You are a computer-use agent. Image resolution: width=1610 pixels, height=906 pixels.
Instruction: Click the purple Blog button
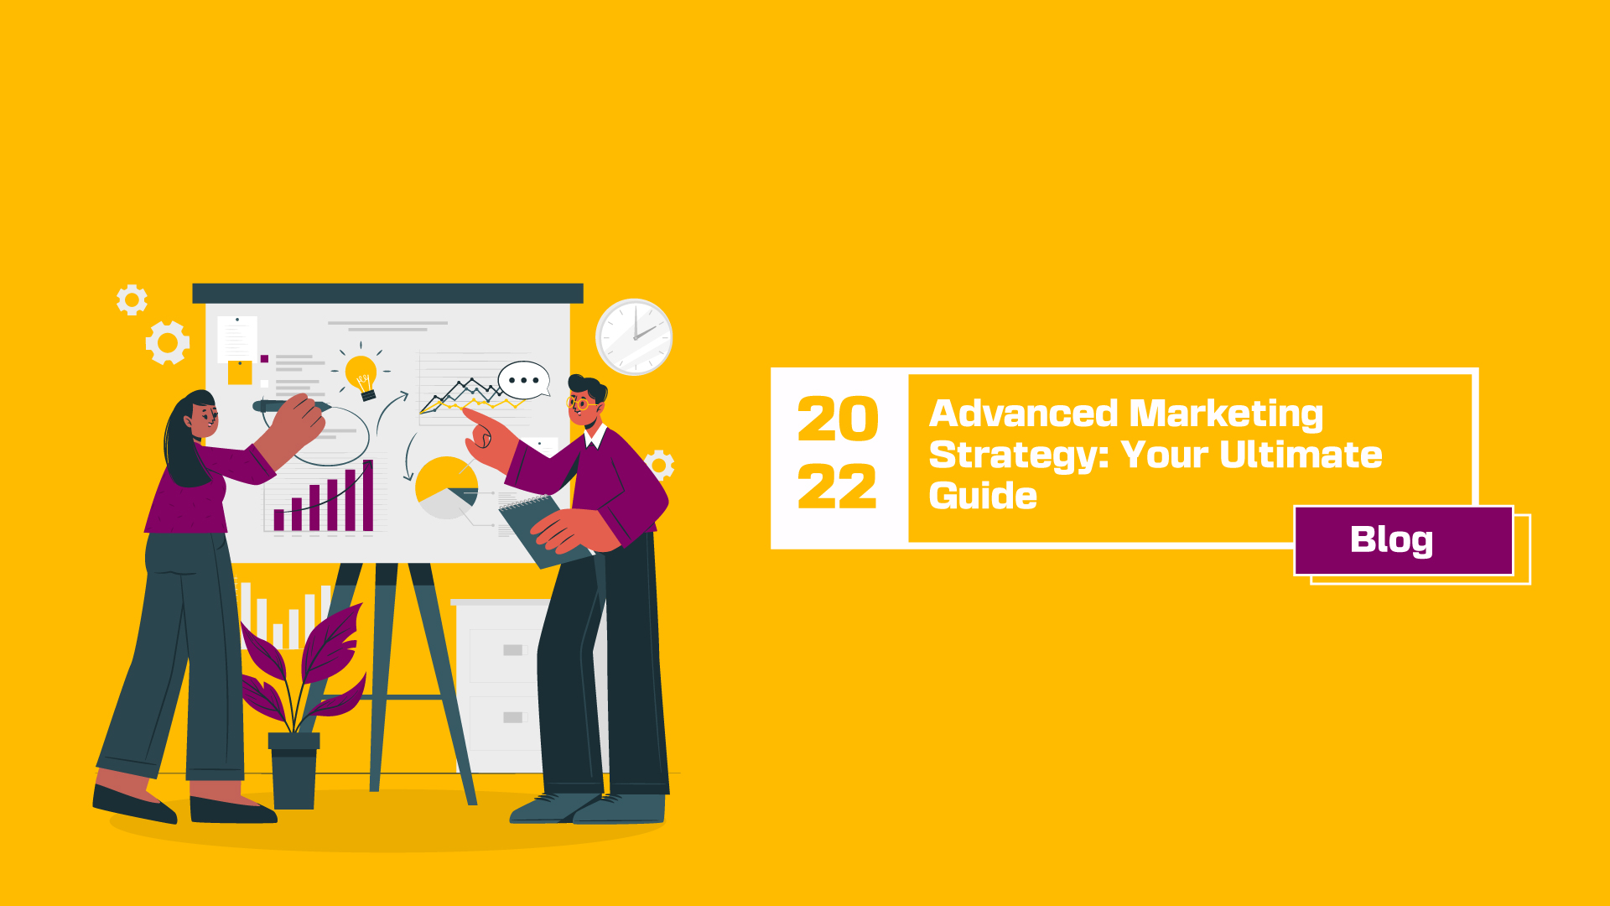point(1403,540)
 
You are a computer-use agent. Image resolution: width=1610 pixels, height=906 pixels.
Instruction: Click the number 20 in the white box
point(838,419)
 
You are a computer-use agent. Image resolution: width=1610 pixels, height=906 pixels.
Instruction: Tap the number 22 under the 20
point(838,487)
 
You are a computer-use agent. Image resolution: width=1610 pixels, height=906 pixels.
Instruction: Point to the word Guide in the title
point(983,495)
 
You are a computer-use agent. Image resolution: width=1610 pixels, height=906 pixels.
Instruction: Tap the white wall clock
point(634,336)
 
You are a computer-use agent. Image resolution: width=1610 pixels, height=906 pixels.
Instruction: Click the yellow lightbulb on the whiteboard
point(362,377)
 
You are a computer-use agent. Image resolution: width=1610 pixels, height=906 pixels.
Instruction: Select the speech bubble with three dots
point(524,380)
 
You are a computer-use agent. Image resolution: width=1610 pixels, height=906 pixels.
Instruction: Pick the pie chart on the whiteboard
point(447,487)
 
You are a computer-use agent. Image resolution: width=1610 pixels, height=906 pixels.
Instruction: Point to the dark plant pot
point(293,770)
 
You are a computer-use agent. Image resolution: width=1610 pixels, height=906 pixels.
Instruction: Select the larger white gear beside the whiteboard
point(168,342)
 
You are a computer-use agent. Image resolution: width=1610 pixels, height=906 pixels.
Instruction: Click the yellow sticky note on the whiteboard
point(240,372)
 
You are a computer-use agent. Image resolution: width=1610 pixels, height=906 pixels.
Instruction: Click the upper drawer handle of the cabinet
point(512,650)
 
